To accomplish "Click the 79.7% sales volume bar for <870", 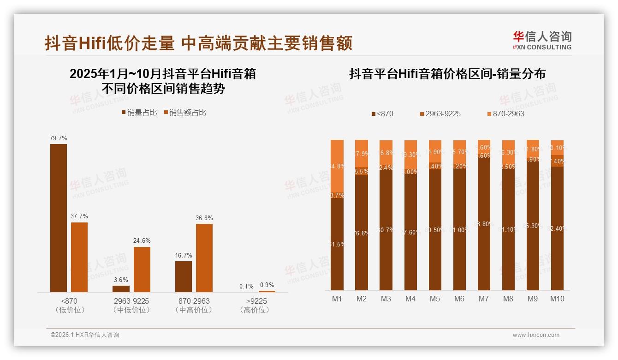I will [59, 218].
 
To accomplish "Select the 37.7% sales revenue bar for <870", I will [79, 257].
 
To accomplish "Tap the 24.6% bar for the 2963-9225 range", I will [142, 269].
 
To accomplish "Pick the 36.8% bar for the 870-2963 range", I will [204, 258].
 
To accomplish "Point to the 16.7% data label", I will [184, 255].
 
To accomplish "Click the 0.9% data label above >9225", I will [267, 285].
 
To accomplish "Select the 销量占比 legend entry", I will [139, 112].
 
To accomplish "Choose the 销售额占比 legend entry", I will [185, 112].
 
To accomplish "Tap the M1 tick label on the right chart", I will [337, 299].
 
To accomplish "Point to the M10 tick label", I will [557, 299].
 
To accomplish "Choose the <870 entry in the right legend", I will [382, 114].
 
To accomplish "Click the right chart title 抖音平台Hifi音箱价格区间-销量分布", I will [447, 74].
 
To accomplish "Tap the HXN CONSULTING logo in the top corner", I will [542, 40].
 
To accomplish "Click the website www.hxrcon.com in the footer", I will [536, 335].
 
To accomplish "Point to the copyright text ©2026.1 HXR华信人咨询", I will [85, 335].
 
